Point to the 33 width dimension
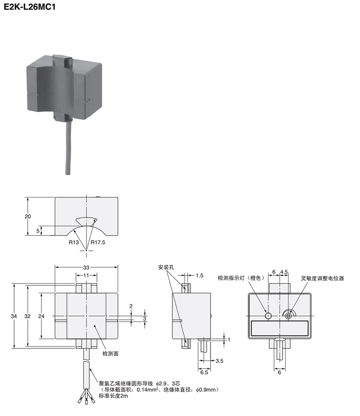(87, 267)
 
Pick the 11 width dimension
(86, 276)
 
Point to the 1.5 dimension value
(200, 276)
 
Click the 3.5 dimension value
(219, 361)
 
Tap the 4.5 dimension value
(283, 271)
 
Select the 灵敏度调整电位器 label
(322, 278)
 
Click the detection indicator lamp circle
(268, 315)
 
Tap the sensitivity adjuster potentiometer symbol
(288, 314)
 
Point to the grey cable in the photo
(67, 146)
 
